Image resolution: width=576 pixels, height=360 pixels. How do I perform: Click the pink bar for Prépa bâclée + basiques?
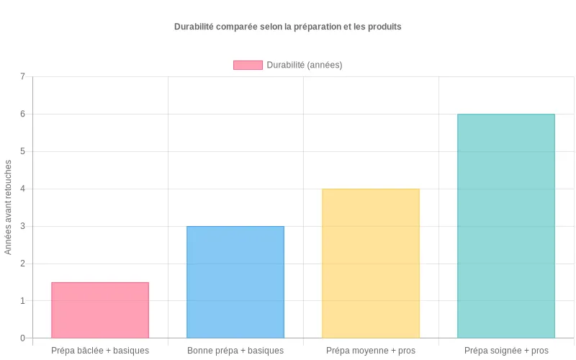(100, 310)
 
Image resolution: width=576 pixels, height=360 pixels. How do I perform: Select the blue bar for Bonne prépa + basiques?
(235, 282)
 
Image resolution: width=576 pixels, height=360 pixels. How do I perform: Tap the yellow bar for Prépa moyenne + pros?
(371, 264)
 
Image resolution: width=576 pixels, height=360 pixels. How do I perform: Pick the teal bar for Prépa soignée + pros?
(506, 226)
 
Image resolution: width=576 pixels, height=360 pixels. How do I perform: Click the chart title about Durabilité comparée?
(288, 27)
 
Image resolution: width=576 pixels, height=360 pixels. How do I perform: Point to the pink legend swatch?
(248, 65)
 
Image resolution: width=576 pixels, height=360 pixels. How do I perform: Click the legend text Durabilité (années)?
(305, 65)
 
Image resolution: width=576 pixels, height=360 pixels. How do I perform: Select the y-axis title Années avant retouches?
(9, 207)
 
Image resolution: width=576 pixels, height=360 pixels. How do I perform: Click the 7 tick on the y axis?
(22, 76)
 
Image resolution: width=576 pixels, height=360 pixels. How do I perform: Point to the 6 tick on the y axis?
(22, 114)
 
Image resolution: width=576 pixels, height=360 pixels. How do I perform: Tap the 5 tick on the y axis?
(22, 151)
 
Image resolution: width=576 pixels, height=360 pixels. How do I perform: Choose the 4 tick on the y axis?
(22, 189)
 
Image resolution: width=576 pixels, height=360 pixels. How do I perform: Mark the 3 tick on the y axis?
(22, 226)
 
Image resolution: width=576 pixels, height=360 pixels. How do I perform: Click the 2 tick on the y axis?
(22, 264)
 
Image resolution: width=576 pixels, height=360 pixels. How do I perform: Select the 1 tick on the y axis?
(22, 301)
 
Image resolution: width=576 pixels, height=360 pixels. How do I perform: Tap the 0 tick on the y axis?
(22, 338)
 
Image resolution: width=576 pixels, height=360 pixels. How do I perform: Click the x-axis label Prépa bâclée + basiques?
(100, 351)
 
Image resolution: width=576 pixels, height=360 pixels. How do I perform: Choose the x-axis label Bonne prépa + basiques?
(235, 351)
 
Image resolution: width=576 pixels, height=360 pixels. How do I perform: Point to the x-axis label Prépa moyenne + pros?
(371, 351)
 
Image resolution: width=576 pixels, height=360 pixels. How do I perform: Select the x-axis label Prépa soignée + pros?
(506, 351)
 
